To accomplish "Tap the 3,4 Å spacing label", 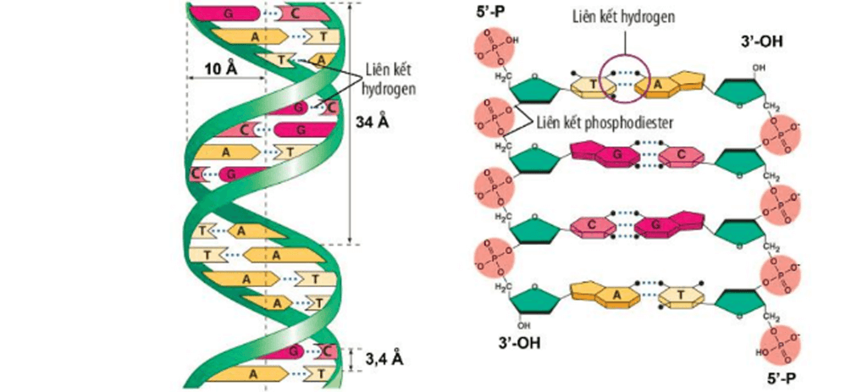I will (x=383, y=359).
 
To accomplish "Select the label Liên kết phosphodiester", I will (x=603, y=122).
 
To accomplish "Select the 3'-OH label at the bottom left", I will (x=519, y=343).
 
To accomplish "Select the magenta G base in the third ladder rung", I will (x=674, y=226).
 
